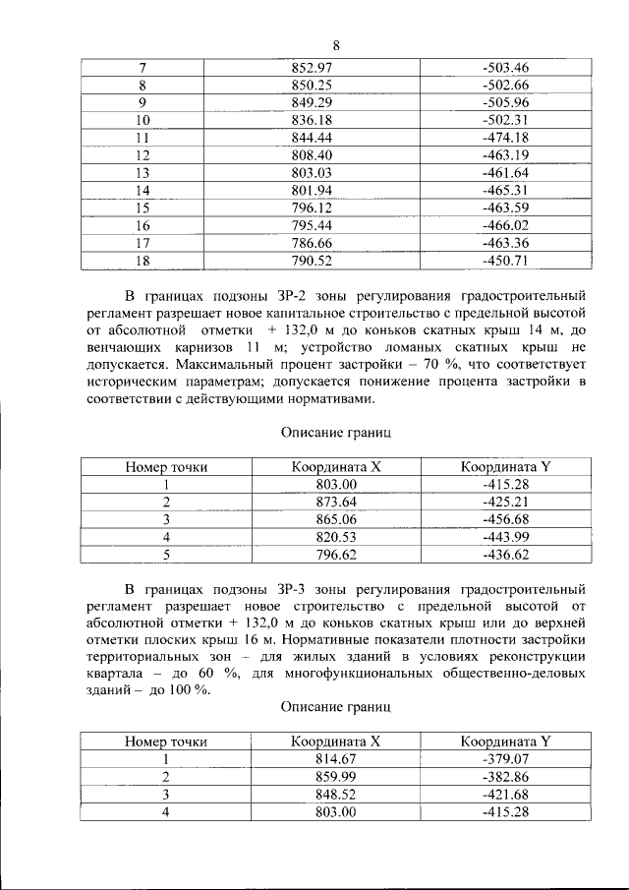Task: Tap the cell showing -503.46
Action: pyautogui.click(x=506, y=67)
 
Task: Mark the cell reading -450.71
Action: pyautogui.click(x=506, y=261)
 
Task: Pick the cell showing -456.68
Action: pyautogui.click(x=506, y=519)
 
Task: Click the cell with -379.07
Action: pyautogui.click(x=506, y=759)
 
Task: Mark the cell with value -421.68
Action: pyautogui.click(x=506, y=795)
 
